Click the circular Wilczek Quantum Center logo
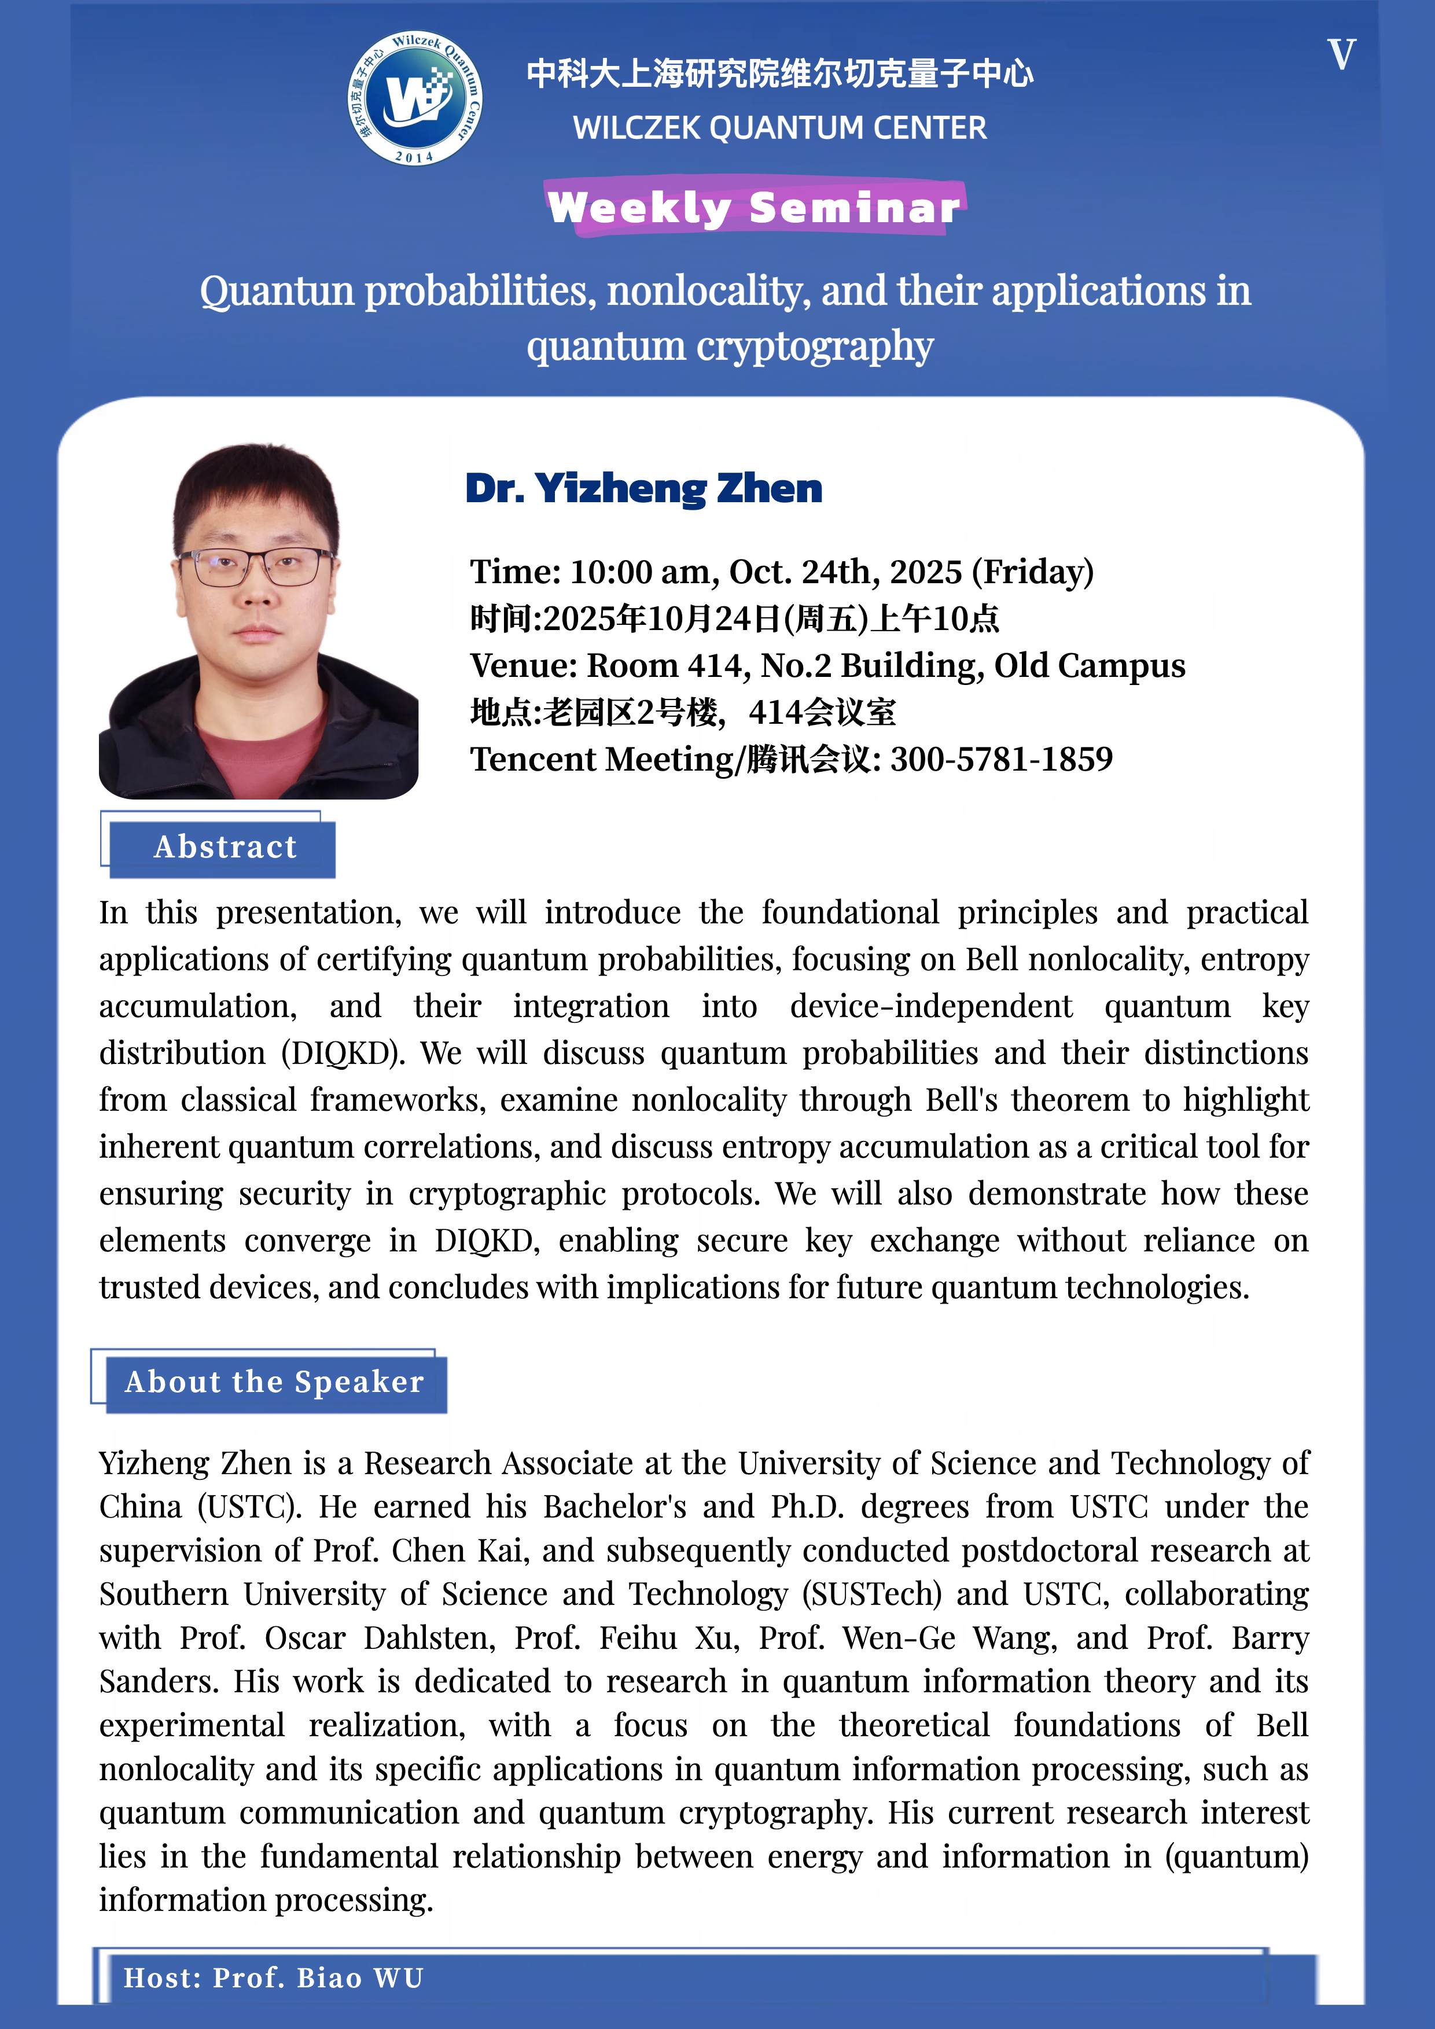(414, 98)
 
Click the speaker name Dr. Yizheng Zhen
(643, 489)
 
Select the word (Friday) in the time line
(1032, 573)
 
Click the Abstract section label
(225, 848)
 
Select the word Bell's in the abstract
(961, 1100)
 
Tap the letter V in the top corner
(1341, 55)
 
